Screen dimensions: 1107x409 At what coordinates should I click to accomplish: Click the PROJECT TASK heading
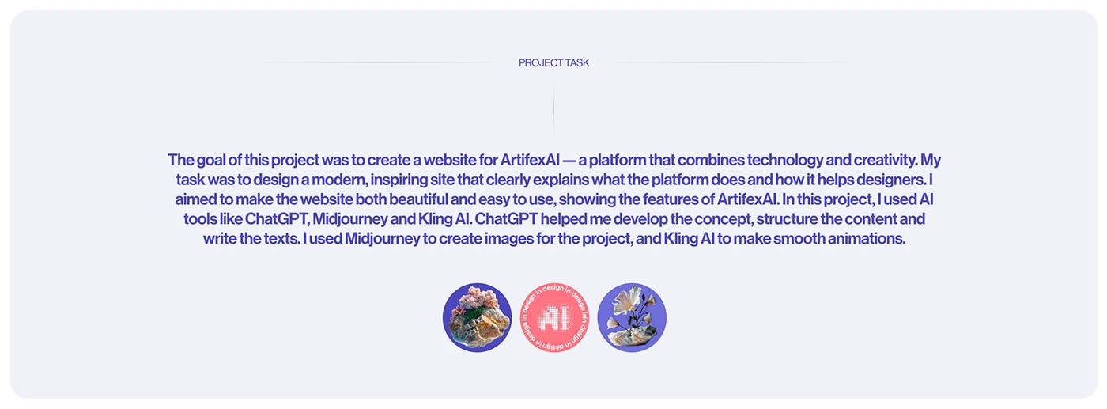click(x=553, y=62)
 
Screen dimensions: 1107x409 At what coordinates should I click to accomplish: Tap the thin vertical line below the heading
click(x=553, y=109)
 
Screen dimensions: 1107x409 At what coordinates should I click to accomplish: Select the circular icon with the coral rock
click(x=477, y=317)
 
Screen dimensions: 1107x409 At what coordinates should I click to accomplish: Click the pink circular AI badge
click(x=554, y=317)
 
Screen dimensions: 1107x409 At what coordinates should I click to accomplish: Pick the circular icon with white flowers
click(x=632, y=317)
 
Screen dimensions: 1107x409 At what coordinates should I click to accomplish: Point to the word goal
click(x=210, y=161)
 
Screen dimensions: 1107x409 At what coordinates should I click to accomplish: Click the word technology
click(x=784, y=161)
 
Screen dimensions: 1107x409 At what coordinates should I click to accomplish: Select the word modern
click(x=339, y=180)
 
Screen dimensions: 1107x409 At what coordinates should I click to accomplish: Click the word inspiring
click(x=399, y=180)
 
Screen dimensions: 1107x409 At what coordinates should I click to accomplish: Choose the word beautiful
click(x=418, y=199)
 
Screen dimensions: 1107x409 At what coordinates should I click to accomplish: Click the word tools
click(x=198, y=219)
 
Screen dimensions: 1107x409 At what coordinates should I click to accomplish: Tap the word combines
click(x=711, y=161)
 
